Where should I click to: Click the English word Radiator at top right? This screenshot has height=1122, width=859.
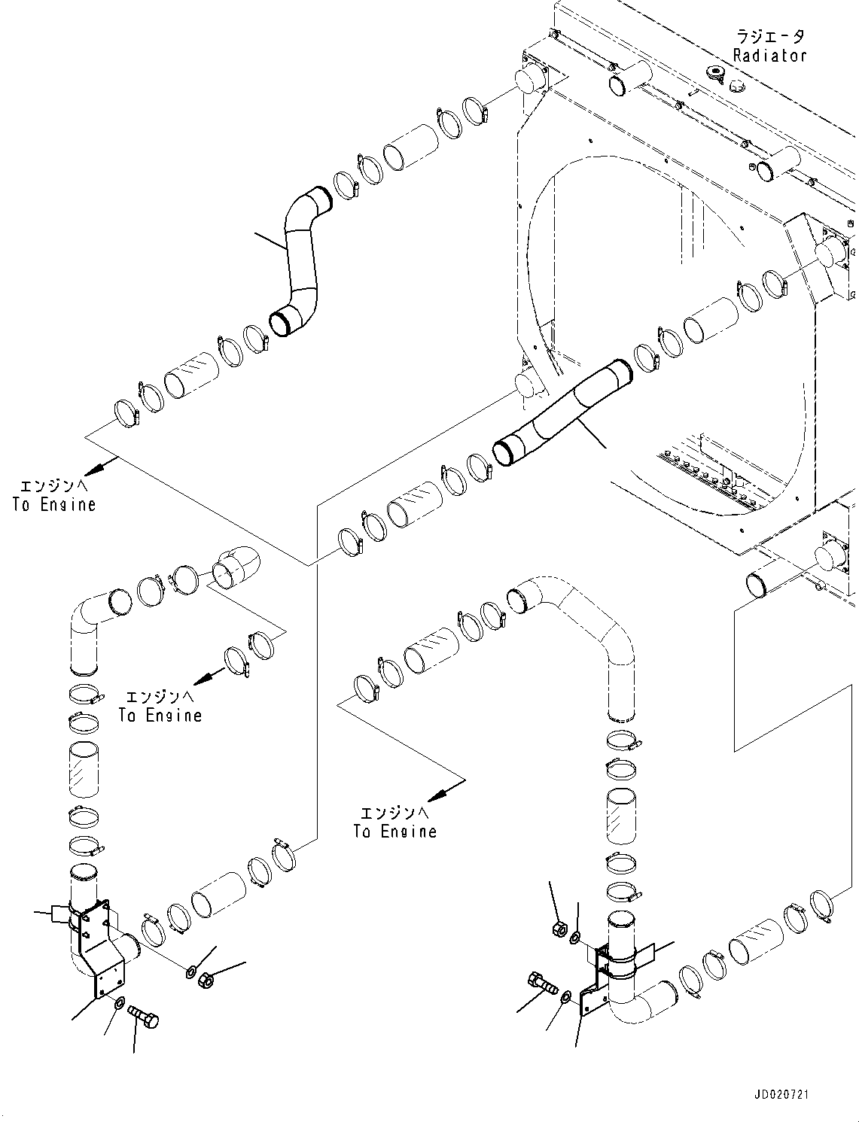[769, 56]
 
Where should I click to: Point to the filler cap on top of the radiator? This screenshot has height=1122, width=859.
[714, 73]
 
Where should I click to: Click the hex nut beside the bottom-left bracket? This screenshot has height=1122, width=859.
[206, 980]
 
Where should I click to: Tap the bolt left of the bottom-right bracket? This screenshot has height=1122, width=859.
[540, 982]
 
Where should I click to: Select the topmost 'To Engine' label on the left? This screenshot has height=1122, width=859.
[54, 497]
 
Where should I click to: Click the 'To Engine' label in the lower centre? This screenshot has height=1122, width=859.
[394, 822]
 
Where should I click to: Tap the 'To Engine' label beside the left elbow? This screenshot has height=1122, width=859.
[160, 707]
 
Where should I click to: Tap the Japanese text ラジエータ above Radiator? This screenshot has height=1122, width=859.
[769, 36]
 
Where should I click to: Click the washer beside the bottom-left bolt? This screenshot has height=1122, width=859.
[120, 1004]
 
